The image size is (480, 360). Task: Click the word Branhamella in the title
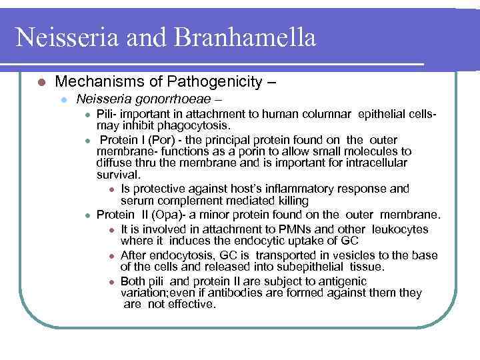coord(245,37)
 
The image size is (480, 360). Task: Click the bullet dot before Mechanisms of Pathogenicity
coord(41,83)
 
